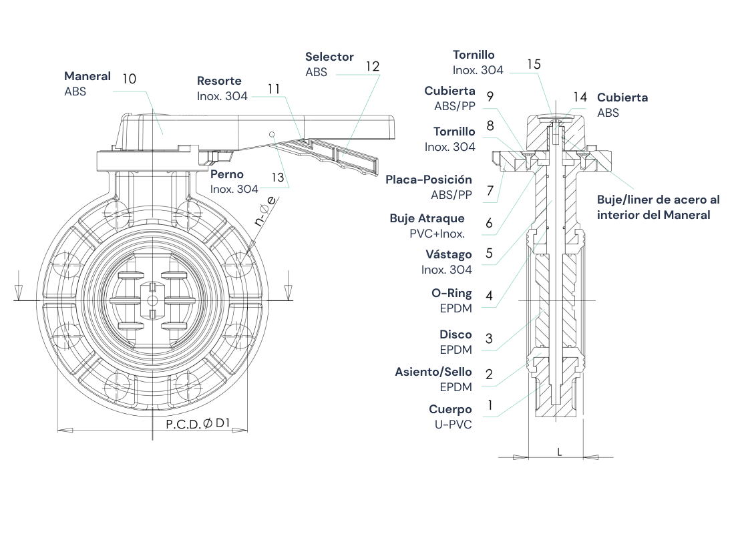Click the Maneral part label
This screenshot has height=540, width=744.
tap(87, 77)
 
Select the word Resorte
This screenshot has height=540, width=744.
tap(219, 81)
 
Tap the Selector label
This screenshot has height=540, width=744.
tap(329, 57)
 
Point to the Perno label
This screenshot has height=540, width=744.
tap(227, 175)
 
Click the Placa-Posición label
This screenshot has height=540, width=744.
tap(428, 180)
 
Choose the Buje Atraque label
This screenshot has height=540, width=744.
tap(427, 219)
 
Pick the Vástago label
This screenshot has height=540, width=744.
tap(448, 255)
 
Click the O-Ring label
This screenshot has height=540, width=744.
tap(451, 293)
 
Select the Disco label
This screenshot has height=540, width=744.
tap(455, 334)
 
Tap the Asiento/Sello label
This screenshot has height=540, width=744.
tap(433, 372)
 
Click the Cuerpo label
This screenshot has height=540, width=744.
tap(450, 410)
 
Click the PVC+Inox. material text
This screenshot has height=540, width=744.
tap(437, 234)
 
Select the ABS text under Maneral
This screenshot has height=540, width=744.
tap(75, 92)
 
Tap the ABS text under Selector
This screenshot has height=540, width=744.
tap(317, 72)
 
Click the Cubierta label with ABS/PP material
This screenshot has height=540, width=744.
tap(449, 91)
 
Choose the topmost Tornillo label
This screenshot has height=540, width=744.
tap(474, 55)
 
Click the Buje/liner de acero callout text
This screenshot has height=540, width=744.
tap(658, 207)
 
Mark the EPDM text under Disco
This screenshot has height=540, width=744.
tap(455, 350)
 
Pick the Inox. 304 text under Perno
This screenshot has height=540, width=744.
tap(234, 190)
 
